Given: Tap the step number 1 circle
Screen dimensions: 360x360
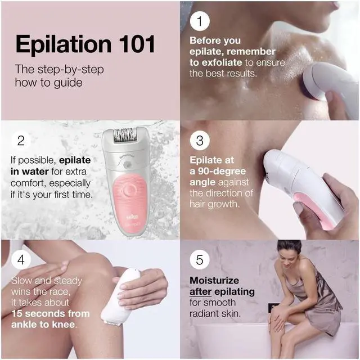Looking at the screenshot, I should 199,21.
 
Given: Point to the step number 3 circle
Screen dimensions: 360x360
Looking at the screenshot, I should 199,140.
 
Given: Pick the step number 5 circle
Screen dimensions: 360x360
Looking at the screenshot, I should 199,260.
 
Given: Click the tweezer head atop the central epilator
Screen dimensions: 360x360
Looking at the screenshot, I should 125,137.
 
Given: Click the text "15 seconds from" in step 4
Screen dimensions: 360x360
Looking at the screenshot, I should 49,313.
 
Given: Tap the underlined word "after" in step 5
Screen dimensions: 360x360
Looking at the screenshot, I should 202,291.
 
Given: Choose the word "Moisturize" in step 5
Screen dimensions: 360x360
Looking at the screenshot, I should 214,280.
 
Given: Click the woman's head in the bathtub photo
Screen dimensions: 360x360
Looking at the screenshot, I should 289,249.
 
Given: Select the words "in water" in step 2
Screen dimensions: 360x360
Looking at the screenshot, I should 30,172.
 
